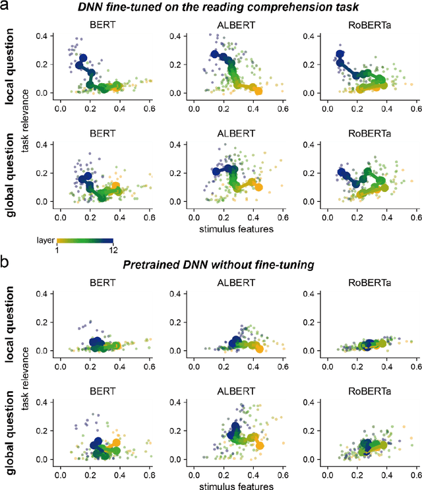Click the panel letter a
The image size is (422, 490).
(6, 7)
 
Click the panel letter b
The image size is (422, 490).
(6, 262)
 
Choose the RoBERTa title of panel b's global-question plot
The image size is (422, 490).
(361, 389)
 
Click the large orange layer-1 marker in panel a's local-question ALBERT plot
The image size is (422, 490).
(258, 91)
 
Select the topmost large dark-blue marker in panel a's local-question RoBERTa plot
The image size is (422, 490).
(340, 55)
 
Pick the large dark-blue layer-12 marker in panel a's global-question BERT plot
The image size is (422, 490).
(83, 178)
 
